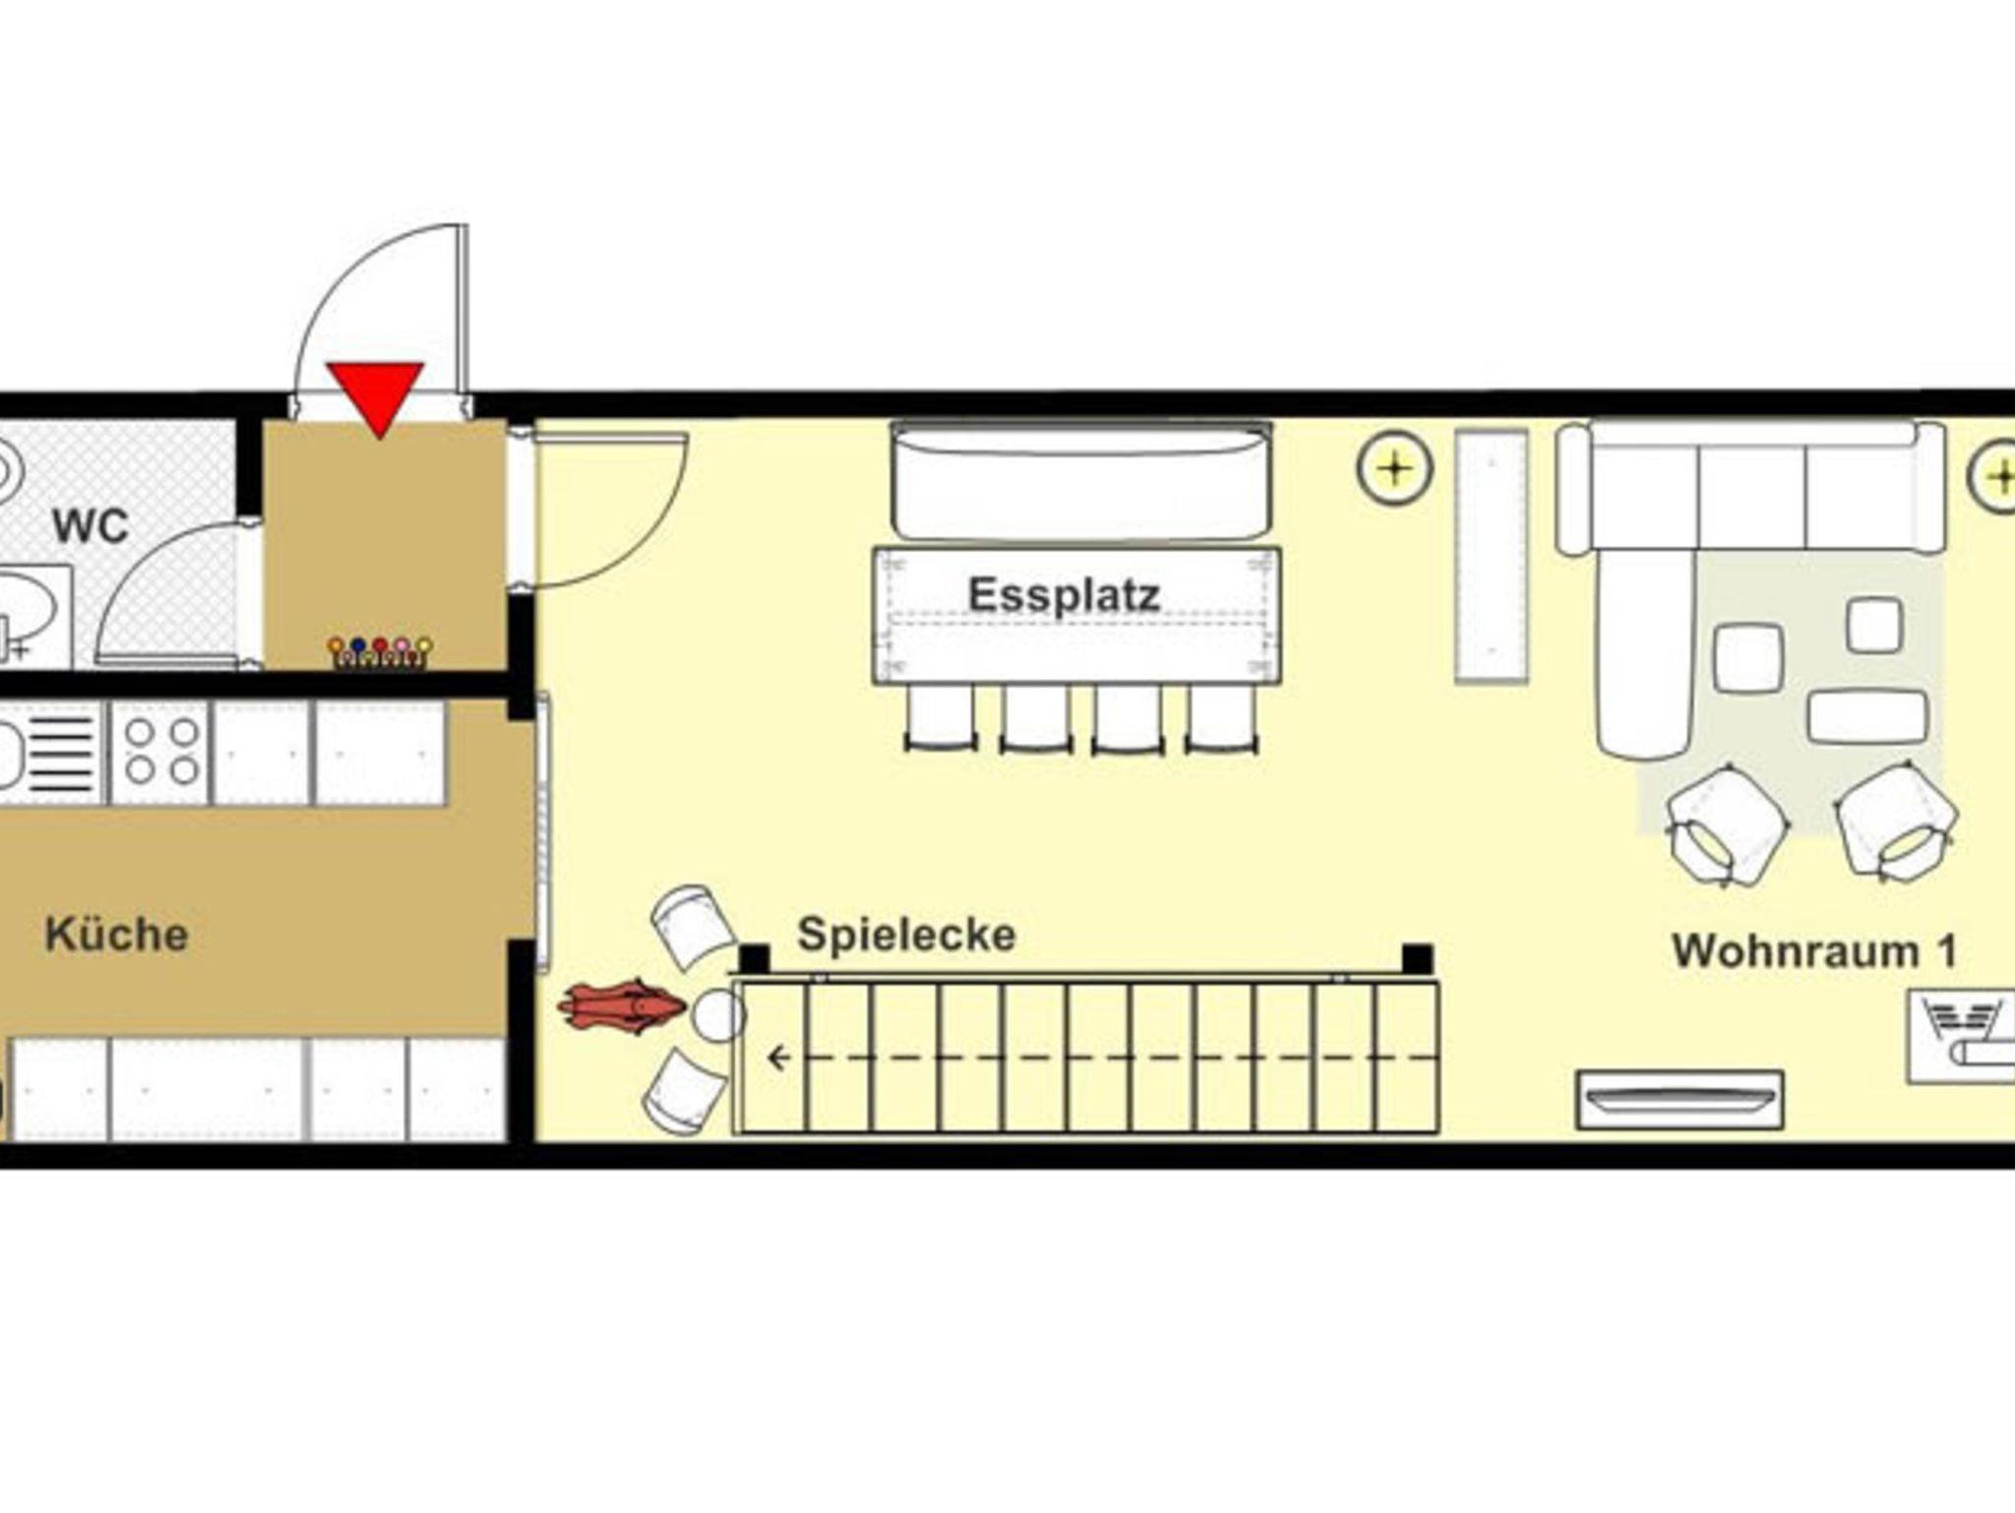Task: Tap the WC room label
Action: [x=91, y=526]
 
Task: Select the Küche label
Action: [x=116, y=935]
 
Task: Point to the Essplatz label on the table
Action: [x=1064, y=594]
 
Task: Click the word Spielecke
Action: [x=906, y=935]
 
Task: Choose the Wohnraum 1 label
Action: [x=1814, y=951]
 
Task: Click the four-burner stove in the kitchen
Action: [x=160, y=753]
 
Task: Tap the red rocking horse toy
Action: [x=621, y=1005]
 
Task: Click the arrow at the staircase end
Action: [x=780, y=1059]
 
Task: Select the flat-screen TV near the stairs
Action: [x=1679, y=1099]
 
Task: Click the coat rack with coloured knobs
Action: [x=380, y=652]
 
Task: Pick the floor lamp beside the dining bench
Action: [x=1394, y=468]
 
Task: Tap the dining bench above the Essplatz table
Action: [x=1081, y=481]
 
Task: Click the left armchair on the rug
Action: [x=1727, y=825]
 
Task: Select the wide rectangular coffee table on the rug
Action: [x=1866, y=716]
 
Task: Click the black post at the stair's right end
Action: [x=1417, y=958]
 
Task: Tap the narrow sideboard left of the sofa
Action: [x=1492, y=556]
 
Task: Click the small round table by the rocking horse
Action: [x=719, y=1015]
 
